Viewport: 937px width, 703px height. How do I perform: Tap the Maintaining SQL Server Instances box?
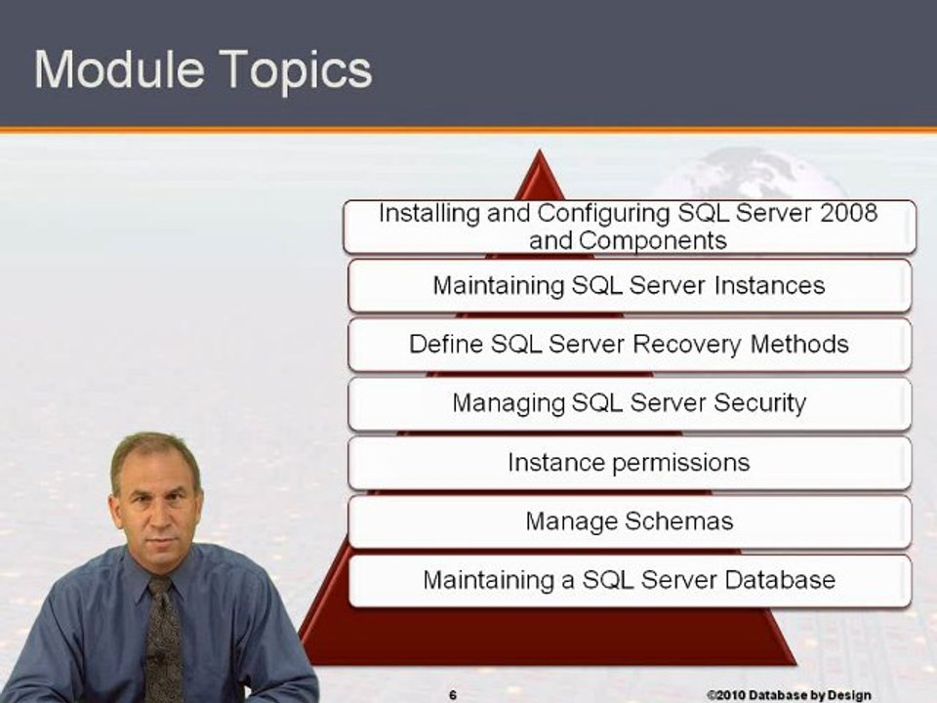point(629,286)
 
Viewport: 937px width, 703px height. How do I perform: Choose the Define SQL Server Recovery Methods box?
point(629,345)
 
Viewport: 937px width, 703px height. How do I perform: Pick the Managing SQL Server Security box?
point(629,403)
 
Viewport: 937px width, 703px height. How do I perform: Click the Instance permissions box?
point(629,462)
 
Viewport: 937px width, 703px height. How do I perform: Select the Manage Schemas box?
point(629,520)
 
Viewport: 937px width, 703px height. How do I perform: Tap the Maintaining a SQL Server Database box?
point(629,580)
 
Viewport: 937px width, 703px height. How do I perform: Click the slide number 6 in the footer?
point(453,694)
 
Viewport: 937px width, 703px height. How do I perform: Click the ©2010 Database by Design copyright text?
point(789,694)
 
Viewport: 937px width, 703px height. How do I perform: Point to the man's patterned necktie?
point(162,635)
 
